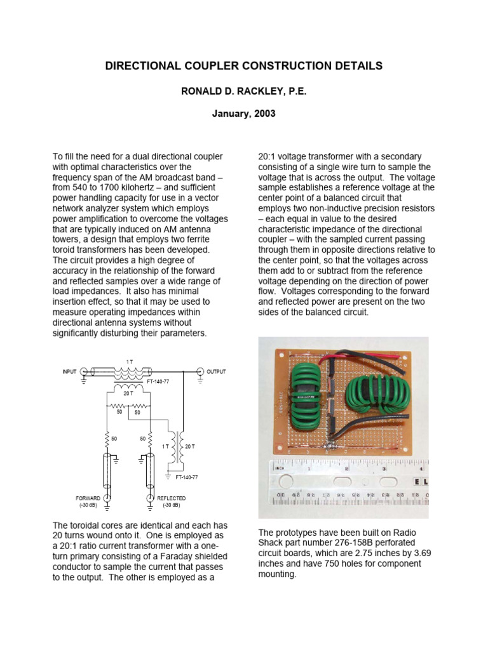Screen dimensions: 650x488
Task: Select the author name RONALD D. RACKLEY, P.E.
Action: pyautogui.click(x=244, y=92)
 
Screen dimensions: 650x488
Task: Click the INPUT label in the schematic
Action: pyautogui.click(x=70, y=371)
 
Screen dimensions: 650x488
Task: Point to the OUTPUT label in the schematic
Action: pyautogui.click(x=217, y=371)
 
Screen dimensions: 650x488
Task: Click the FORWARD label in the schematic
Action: pyautogui.click(x=88, y=498)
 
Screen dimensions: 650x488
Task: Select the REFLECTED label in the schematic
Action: pyautogui.click(x=172, y=498)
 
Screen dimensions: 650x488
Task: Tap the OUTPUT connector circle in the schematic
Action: pyautogui.click(x=200, y=371)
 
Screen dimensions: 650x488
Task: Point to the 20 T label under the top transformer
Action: pyautogui.click(x=128, y=394)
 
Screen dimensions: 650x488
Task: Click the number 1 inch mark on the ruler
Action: pyautogui.click(x=309, y=468)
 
